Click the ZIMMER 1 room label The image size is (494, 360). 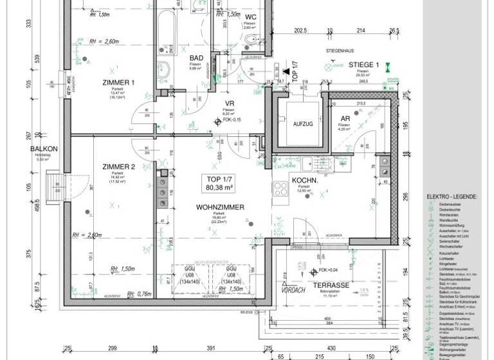118,82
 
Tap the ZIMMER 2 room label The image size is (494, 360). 118,167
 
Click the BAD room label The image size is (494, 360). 196,58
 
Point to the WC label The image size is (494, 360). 250,17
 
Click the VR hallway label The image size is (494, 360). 228,104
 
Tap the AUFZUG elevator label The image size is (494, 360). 302,123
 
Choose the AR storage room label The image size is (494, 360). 345,119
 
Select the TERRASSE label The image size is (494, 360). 331,285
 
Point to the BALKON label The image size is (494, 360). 44,150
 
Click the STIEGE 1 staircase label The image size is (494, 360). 364,65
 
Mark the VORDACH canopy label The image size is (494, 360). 293,290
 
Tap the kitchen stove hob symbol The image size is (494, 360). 280,189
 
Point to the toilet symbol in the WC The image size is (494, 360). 250,42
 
